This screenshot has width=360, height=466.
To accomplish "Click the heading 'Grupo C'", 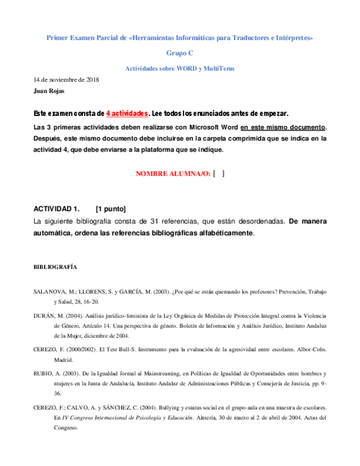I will click(180, 53).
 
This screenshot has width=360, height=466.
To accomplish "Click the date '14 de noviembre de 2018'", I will click(67, 79).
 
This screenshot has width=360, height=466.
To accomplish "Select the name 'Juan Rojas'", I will click(49, 91).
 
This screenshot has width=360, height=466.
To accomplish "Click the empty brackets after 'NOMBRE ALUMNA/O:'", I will click(218, 174).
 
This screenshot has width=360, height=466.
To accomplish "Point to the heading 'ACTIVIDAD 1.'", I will click(57, 209).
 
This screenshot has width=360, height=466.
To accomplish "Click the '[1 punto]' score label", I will click(110, 209).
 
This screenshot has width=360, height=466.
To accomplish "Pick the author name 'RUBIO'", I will click(45, 373).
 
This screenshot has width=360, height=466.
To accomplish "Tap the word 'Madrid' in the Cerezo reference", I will click(63, 360).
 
